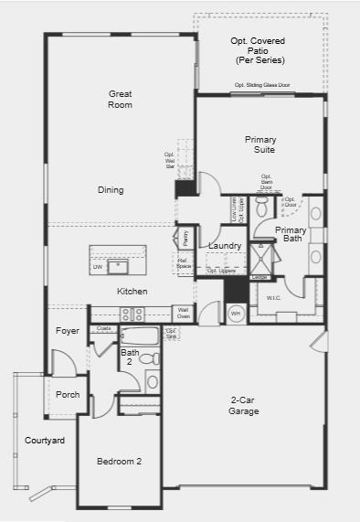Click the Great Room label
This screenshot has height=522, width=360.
click(x=120, y=100)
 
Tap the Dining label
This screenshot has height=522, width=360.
click(x=111, y=190)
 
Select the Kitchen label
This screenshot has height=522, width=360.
click(x=132, y=292)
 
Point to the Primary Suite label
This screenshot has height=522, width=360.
click(x=260, y=144)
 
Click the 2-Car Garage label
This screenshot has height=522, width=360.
click(x=244, y=406)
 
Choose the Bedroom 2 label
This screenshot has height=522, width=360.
click(x=120, y=462)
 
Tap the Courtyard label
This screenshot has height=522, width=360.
click(x=45, y=441)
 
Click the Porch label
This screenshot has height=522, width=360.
click(x=68, y=395)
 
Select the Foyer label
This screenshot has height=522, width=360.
click(x=67, y=331)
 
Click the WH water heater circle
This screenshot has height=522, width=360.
click(x=235, y=314)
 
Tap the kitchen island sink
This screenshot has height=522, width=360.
click(x=117, y=267)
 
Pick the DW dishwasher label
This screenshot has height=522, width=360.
click(x=97, y=268)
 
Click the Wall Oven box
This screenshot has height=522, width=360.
click(x=183, y=314)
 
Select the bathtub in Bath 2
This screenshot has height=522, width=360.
click(x=141, y=335)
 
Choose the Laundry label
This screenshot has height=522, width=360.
click(x=225, y=246)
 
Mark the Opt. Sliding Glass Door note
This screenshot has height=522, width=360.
click(x=261, y=85)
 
